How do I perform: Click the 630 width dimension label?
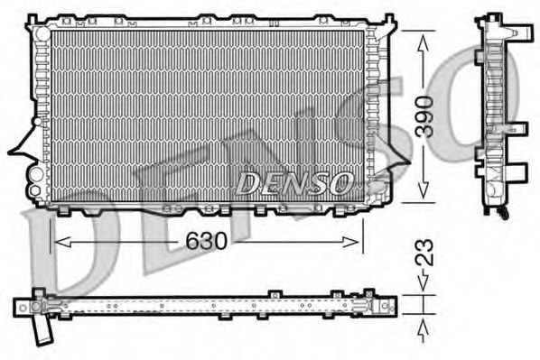[208, 242]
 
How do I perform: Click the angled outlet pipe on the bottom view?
[41, 331]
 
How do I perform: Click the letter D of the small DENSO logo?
[247, 184]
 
